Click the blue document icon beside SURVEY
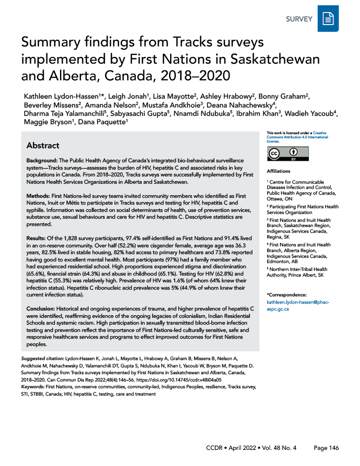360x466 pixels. coord(328,20)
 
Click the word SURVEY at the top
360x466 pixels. coord(299,20)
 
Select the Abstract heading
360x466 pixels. coord(43,146)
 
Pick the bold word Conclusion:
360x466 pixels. coord(43,309)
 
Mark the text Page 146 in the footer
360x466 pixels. coord(327,448)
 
